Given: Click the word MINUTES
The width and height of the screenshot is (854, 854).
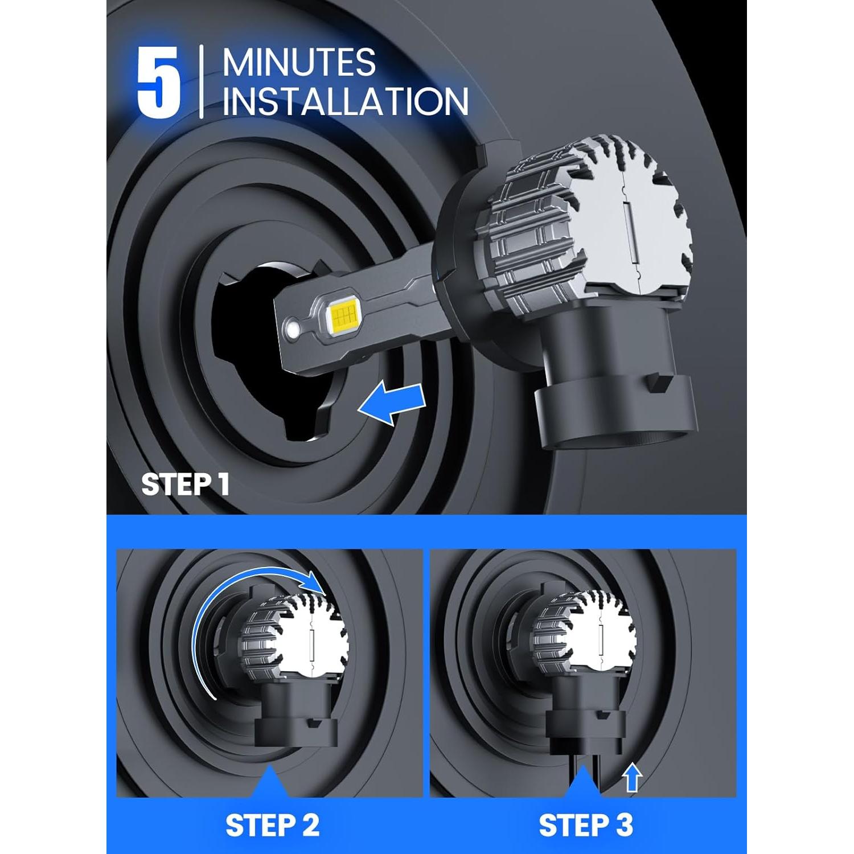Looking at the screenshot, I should pyautogui.click(x=299, y=62).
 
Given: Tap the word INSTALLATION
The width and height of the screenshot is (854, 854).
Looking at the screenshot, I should pyautogui.click(x=345, y=102).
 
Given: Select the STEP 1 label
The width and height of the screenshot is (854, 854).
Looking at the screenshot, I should pyautogui.click(x=185, y=485).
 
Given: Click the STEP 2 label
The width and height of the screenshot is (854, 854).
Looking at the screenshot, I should pyautogui.click(x=272, y=825).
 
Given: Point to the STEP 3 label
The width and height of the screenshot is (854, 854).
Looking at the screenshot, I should pyautogui.click(x=585, y=825).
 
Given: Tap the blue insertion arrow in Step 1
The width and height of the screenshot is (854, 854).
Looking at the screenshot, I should pyautogui.click(x=392, y=404).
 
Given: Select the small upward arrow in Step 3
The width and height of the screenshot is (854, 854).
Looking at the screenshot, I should pyautogui.click(x=632, y=777).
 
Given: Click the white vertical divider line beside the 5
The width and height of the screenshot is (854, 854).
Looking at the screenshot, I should pyautogui.click(x=202, y=82).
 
